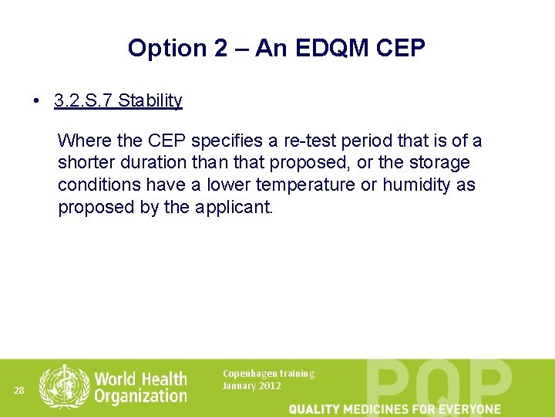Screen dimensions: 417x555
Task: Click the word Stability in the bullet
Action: coord(150,100)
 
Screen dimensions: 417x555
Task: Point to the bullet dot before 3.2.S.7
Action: coord(37,101)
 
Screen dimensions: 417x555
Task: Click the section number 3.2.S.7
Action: coord(83,100)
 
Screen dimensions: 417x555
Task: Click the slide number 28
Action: coord(19,391)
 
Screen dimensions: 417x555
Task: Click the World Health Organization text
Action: coord(140,387)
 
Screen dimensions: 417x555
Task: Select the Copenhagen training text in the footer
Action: coord(268,374)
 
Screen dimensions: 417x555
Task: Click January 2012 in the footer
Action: coord(252,386)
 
